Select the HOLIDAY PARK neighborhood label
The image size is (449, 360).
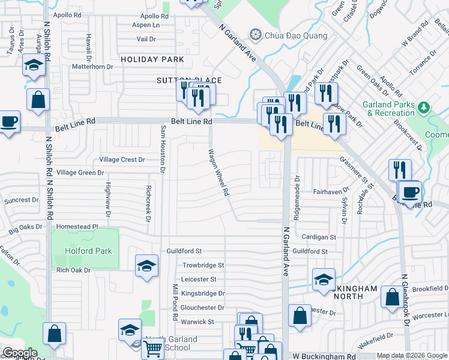coord(152,59)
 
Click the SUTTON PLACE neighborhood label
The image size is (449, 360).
coord(190,80)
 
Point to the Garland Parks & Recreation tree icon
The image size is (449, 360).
coord(424,107)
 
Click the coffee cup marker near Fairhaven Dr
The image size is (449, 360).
coord(411,192)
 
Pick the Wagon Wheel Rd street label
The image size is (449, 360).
coord(218,173)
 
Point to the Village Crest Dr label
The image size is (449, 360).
coord(122,160)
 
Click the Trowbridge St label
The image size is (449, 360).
coord(203,265)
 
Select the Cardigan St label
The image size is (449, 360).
coord(319,237)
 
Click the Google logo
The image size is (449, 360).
coord(20,353)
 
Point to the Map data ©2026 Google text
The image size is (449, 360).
coord(412,356)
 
